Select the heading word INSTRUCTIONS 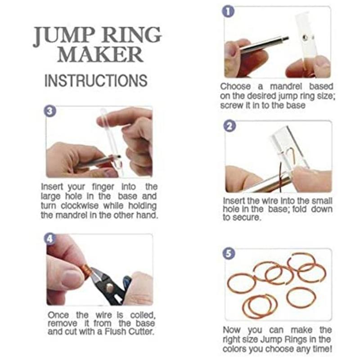96,80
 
